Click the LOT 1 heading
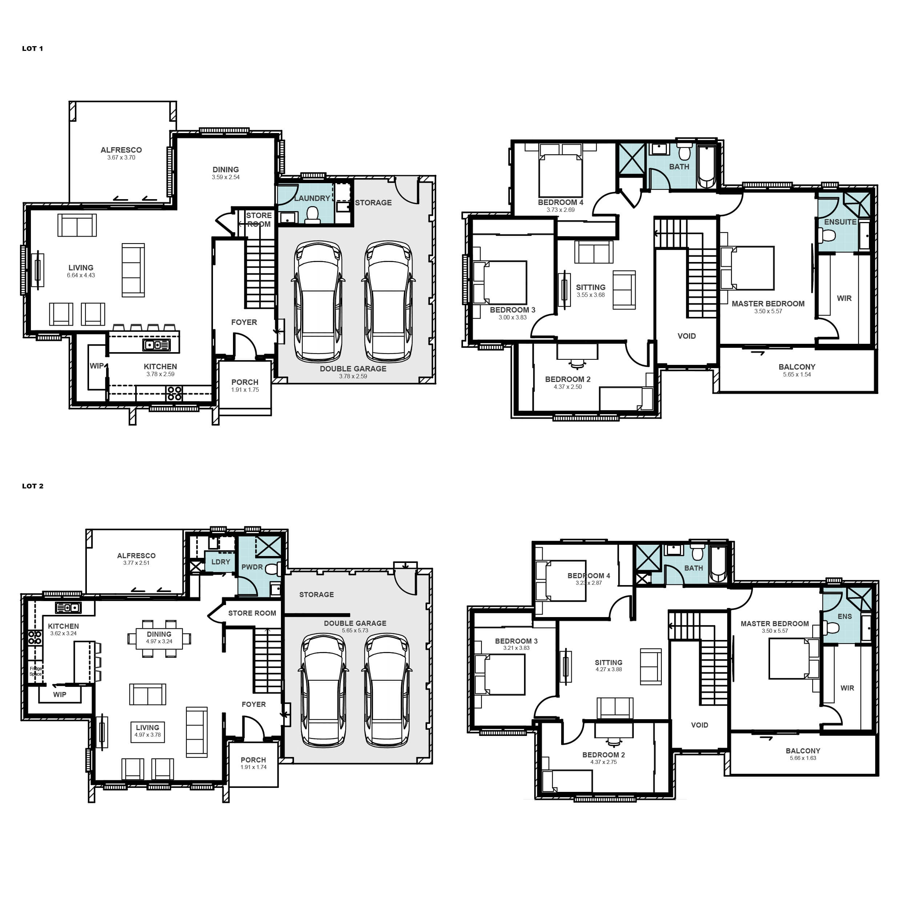(x=33, y=49)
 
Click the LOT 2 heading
(x=33, y=486)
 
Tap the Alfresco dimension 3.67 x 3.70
(x=121, y=158)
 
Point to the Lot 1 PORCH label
(x=245, y=382)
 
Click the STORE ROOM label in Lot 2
(x=252, y=613)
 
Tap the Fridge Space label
(x=36, y=671)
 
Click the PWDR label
(x=252, y=567)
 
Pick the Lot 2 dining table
(x=159, y=638)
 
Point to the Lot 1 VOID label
(x=687, y=336)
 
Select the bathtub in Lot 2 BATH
(x=718, y=564)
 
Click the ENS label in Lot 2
(x=845, y=617)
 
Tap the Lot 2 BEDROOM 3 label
(x=516, y=641)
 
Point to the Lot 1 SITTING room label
(x=591, y=287)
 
